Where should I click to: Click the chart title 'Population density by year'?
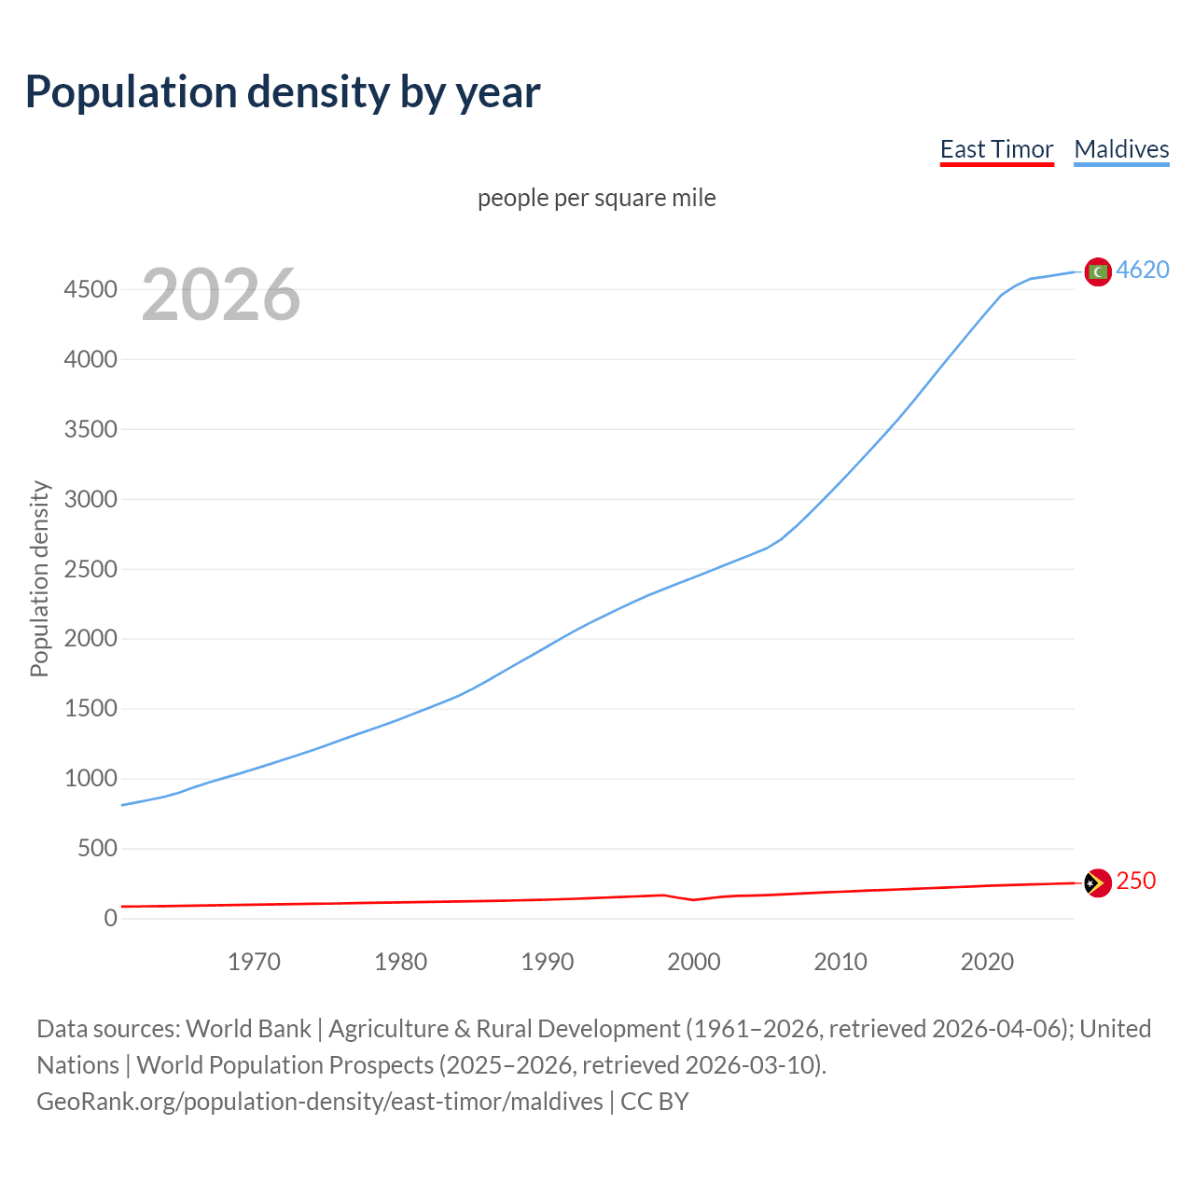pos(283,91)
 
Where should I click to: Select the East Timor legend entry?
pos(996,149)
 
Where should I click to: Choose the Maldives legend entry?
pos(1121,149)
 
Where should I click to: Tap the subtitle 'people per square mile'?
pos(596,198)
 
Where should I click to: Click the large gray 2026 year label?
pos(221,295)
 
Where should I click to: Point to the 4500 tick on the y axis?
pos(90,289)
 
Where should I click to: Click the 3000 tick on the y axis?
pos(90,499)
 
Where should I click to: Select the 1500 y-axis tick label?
pos(90,709)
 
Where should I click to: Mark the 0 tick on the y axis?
pos(111,919)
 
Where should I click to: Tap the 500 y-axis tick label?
pos(97,849)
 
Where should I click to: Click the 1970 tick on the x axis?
pos(254,962)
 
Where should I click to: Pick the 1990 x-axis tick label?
pos(548,962)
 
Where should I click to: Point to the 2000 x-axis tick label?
pos(694,962)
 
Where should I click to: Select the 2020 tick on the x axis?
pos(987,962)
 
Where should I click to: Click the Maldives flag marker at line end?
pos(1098,271)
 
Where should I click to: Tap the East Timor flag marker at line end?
pos(1098,882)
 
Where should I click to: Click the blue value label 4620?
pos(1143,270)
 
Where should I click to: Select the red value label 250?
pos(1135,881)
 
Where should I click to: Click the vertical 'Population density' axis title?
pos(39,578)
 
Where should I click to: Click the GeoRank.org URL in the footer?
pos(320,1102)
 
